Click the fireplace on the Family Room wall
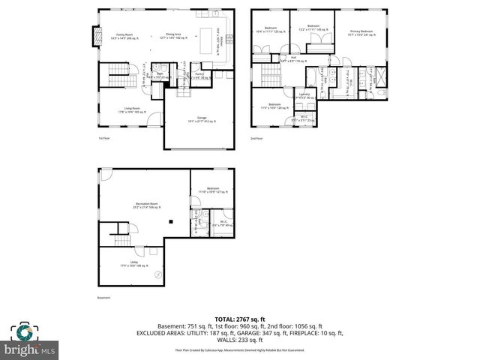[x=94, y=36]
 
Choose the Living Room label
[x=132, y=109]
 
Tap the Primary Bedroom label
[x=361, y=31]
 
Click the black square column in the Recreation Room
[x=171, y=220]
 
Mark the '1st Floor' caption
[x=104, y=138]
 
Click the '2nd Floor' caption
[x=257, y=138]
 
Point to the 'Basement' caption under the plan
[x=103, y=298]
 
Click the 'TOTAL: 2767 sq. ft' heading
[x=240, y=319]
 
